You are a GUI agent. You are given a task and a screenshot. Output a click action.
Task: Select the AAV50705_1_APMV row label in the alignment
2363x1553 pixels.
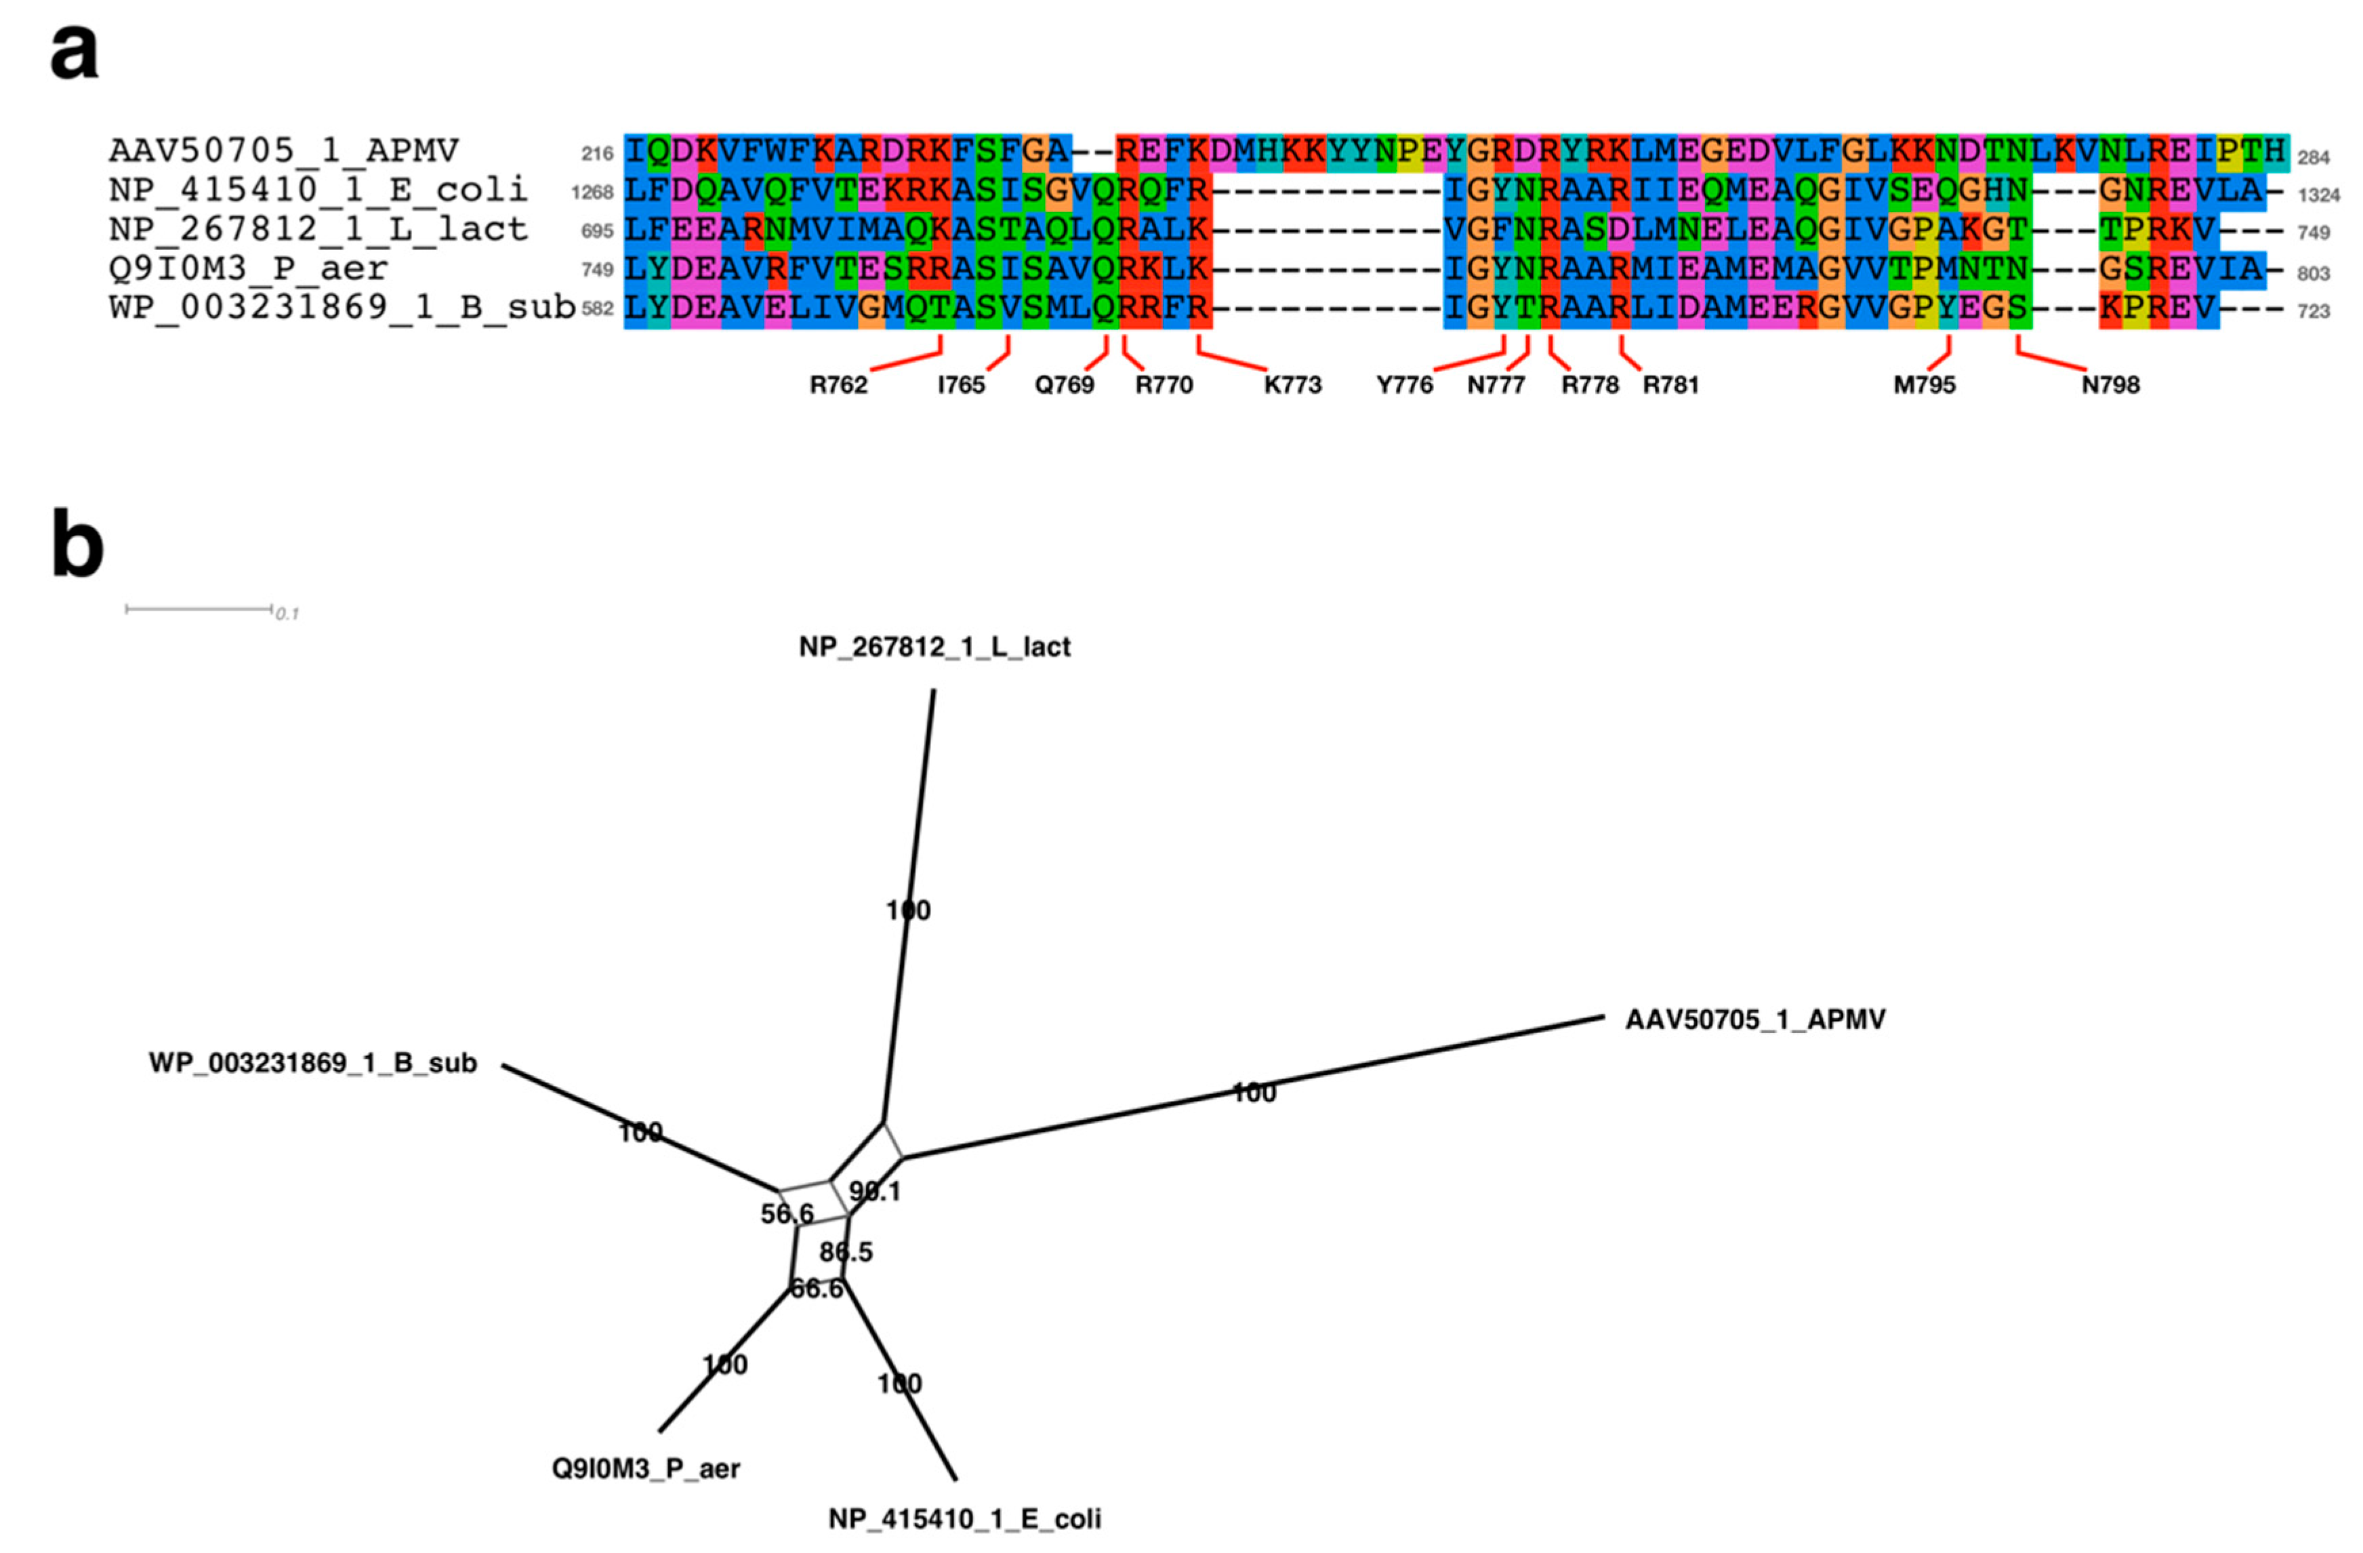coord(284,151)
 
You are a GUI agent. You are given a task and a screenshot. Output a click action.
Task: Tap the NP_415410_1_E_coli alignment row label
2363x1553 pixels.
coord(318,190)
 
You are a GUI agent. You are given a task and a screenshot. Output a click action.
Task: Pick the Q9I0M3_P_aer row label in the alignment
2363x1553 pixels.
coord(248,268)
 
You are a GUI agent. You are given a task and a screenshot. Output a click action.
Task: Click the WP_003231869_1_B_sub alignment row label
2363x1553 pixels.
coord(342,308)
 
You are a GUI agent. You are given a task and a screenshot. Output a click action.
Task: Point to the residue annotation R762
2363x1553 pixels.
coord(838,385)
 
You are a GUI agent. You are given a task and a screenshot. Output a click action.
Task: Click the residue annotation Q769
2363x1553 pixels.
coord(1065,385)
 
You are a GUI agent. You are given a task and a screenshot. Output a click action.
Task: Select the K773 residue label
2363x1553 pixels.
coord(1292,385)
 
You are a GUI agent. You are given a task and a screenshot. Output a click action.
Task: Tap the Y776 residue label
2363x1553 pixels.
coord(1404,385)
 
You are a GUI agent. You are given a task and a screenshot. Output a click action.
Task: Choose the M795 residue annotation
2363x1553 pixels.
coord(1923,385)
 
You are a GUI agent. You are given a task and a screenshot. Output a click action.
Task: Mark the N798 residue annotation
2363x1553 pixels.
coord(2110,385)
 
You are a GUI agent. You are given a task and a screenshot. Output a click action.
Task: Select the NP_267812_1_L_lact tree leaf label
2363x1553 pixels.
coord(934,647)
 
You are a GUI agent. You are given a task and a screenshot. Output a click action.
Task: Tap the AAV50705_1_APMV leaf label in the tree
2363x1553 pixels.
coord(1754,1020)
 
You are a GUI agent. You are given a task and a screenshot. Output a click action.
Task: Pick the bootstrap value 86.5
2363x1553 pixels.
coord(846,1252)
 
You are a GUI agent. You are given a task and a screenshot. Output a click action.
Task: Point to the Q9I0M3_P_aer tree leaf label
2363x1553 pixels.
coord(645,1468)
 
